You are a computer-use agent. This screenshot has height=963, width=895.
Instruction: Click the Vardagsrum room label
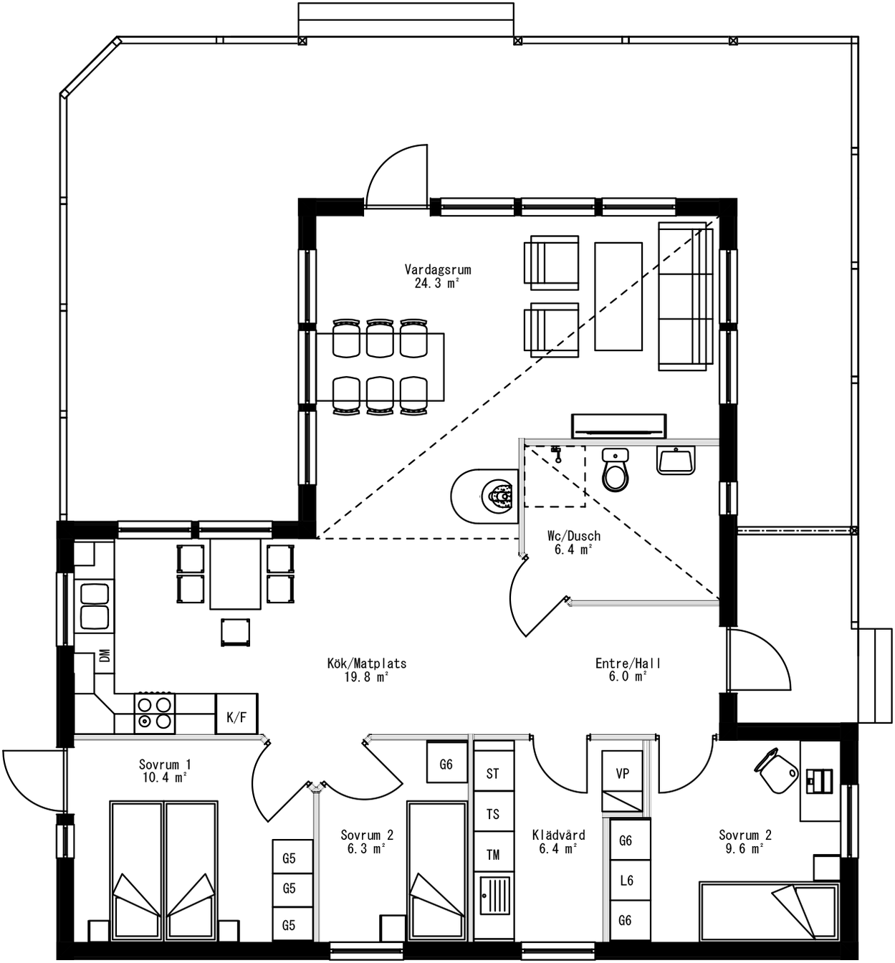pyautogui.click(x=437, y=270)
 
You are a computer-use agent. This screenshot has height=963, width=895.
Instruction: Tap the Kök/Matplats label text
pyautogui.click(x=366, y=663)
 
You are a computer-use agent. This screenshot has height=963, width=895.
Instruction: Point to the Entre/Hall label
pyautogui.click(x=628, y=663)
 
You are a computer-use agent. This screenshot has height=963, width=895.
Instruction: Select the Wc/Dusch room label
pyautogui.click(x=573, y=536)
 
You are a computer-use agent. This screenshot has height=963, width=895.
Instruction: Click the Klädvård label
pyautogui.click(x=558, y=835)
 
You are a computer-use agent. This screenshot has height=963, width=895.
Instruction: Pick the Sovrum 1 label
pyautogui.click(x=165, y=765)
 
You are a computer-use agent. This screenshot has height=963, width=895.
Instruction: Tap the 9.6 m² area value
pyautogui.click(x=745, y=848)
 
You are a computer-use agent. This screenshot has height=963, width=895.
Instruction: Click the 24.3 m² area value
pyautogui.click(x=437, y=283)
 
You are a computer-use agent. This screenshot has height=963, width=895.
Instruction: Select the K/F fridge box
pyautogui.click(x=236, y=717)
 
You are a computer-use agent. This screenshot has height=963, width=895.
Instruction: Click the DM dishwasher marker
pyautogui.click(x=105, y=656)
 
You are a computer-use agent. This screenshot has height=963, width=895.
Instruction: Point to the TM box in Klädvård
pyautogui.click(x=493, y=854)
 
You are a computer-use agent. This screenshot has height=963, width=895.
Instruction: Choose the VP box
pyautogui.click(x=622, y=773)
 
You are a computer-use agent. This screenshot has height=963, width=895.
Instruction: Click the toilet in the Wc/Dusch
pyautogui.click(x=615, y=470)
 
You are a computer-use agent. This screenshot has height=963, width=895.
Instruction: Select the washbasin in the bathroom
pyautogui.click(x=675, y=460)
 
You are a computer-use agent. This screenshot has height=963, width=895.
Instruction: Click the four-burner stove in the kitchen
pyautogui.click(x=155, y=713)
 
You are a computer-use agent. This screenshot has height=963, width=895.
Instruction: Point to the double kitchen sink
pyautogui.click(x=95, y=605)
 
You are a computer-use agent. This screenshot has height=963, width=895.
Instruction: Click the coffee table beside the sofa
pyautogui.click(x=618, y=296)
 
